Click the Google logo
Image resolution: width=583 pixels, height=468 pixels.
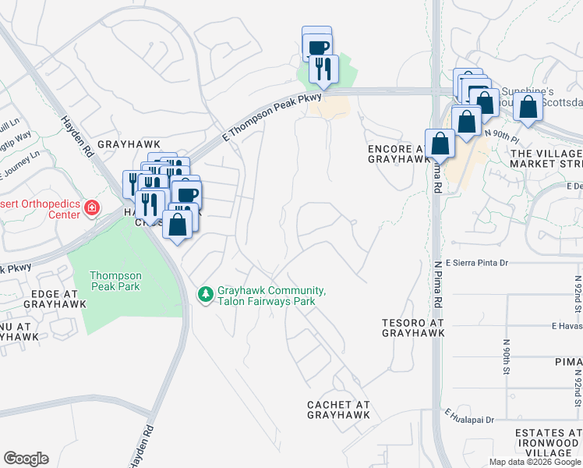coord(26,459)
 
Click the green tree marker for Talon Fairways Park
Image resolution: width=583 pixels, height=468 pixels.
coord(206,295)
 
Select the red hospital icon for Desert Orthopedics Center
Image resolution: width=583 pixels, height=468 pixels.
coord(92,207)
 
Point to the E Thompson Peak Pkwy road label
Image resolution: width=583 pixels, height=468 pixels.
coord(271,115)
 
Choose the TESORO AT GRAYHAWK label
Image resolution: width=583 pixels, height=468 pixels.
coord(413,328)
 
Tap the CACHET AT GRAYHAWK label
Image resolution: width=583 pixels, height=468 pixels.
coord(338,409)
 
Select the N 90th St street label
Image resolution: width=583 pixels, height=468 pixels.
coord(507,357)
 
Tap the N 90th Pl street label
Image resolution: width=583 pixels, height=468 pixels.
coord(502,134)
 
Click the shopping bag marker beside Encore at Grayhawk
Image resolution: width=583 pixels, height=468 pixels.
coord(440,144)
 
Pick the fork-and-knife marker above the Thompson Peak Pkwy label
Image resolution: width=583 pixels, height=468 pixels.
coord(322,69)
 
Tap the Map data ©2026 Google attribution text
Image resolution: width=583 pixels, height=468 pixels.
coord(534,462)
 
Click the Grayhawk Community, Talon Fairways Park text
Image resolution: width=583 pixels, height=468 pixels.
coord(271,296)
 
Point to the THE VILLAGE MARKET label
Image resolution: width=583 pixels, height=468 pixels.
coord(546,158)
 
